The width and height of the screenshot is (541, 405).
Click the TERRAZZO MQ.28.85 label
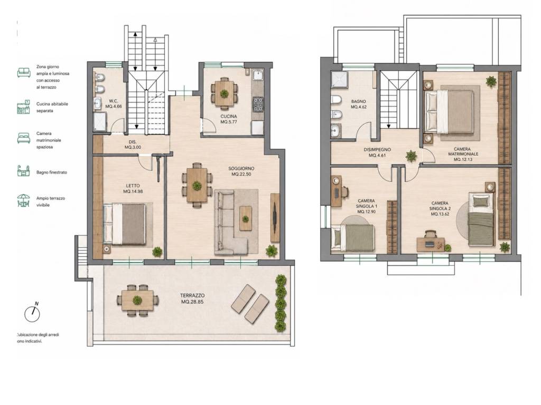pyautogui.click(x=192, y=298)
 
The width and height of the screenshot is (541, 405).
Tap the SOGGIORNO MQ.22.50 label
pyautogui.click(x=241, y=171)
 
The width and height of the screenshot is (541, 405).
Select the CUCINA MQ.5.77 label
pyautogui.click(x=228, y=119)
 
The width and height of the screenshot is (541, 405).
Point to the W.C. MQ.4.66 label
pyautogui.click(x=114, y=104)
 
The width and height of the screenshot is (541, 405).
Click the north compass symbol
pyautogui.click(x=32, y=312)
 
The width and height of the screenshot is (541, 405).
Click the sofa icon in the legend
pyautogui.click(x=24, y=72)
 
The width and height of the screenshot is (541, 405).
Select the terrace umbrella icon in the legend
pyautogui.click(x=23, y=201)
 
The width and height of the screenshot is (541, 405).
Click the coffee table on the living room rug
pyautogui.click(x=245, y=218)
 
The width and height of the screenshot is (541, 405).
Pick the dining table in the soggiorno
pyautogui.click(x=197, y=185)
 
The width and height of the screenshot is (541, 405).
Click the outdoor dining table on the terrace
pyautogui.click(x=137, y=300)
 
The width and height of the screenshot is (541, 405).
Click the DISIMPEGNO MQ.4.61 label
pyautogui.click(x=377, y=152)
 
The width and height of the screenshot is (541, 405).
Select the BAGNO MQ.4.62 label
pyautogui.click(x=359, y=104)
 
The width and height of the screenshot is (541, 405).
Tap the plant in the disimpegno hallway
pyautogui.click(x=411, y=156)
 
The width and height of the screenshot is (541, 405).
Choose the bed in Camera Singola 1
pyautogui.click(x=352, y=237)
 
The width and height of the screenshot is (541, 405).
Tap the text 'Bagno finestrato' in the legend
pyautogui.click(x=52, y=172)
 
